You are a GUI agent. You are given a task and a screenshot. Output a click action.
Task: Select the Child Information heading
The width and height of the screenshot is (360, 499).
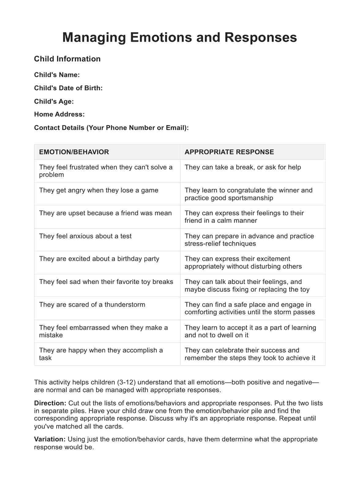(67, 59)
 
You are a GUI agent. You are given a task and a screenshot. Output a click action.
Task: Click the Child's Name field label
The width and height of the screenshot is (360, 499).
(57, 75)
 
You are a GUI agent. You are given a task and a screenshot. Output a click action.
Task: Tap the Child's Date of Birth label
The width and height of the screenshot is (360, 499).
(68, 88)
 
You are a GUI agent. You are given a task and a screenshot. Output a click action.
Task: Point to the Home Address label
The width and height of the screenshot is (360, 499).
(59, 114)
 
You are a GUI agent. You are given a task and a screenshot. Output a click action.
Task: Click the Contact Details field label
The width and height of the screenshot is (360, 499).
(111, 128)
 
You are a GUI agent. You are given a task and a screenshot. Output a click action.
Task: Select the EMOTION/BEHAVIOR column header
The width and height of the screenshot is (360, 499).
(74, 152)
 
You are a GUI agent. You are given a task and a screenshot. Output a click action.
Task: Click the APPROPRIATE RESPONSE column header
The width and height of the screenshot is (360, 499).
(229, 152)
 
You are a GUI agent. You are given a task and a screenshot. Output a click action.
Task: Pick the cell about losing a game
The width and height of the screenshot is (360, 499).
(99, 190)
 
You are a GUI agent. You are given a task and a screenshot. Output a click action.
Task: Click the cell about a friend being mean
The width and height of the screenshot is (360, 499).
(105, 213)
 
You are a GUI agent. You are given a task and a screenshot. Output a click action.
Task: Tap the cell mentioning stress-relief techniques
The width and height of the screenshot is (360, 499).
(249, 240)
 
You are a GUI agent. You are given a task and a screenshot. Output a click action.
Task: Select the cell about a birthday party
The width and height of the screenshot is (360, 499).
(99, 259)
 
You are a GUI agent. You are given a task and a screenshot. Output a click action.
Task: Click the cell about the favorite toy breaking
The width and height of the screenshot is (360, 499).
(106, 282)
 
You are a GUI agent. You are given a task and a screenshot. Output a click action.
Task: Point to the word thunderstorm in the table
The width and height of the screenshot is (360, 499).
(125, 305)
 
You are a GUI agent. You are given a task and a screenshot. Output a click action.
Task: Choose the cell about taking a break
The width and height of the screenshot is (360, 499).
(242, 167)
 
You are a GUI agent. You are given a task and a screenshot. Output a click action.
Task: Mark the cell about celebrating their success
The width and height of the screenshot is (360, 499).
(249, 354)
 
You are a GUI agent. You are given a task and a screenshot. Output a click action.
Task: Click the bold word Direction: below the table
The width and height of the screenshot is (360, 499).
(50, 403)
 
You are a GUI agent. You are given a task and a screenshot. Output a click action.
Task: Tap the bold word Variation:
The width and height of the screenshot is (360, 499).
(50, 439)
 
